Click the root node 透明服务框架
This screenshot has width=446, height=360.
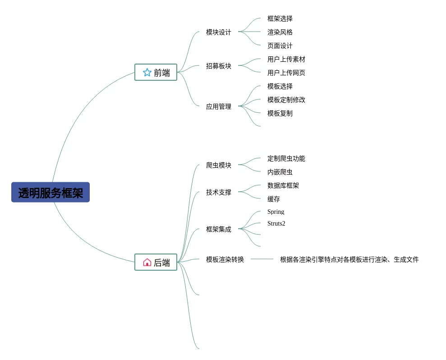tap(51, 193)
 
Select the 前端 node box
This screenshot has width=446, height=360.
tap(156, 72)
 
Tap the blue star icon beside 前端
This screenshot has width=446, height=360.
tap(147, 72)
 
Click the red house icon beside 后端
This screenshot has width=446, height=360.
tap(147, 262)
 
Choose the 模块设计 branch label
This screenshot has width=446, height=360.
tap(218, 32)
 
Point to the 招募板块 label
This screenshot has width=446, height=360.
tap(218, 66)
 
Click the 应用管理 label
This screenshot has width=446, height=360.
tap(218, 106)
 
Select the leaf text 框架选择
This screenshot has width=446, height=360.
tap(280, 18)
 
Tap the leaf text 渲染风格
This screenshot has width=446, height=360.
tap(280, 32)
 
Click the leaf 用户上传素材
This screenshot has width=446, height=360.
tap(286, 59)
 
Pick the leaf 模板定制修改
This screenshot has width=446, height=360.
tap(286, 100)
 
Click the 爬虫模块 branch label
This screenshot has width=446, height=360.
tap(218, 165)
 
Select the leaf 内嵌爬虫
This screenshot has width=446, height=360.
tap(280, 172)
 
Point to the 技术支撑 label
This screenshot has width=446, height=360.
tap(218, 192)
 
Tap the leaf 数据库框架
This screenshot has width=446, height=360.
tap(283, 185)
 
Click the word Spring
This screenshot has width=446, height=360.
tap(276, 212)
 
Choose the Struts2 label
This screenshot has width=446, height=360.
tap(276, 223)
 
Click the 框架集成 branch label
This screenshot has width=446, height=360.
tap(218, 229)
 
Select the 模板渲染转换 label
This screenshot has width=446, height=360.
tap(225, 259)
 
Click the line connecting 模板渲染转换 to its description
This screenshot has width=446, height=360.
tap(262, 259)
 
